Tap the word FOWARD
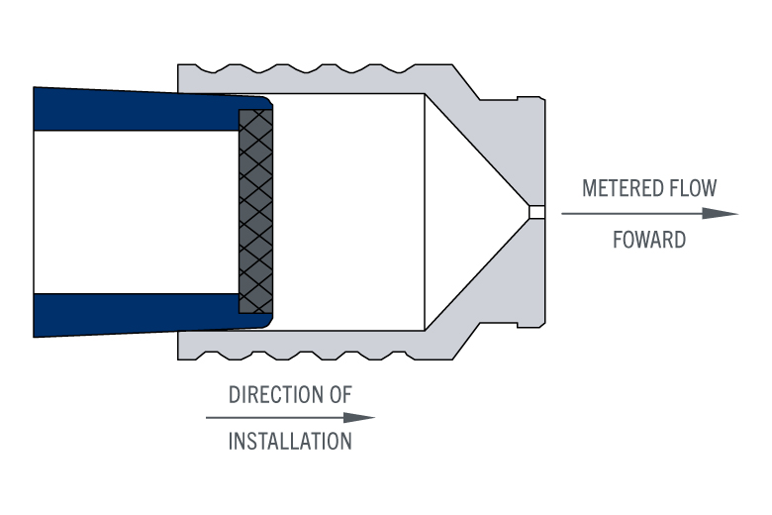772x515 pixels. click(649, 240)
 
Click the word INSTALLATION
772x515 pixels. click(290, 442)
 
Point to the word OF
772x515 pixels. click(339, 395)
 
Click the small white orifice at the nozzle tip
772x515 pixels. click(536, 212)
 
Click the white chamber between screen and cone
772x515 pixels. click(346, 212)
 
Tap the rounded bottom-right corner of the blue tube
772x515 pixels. click(266, 322)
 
